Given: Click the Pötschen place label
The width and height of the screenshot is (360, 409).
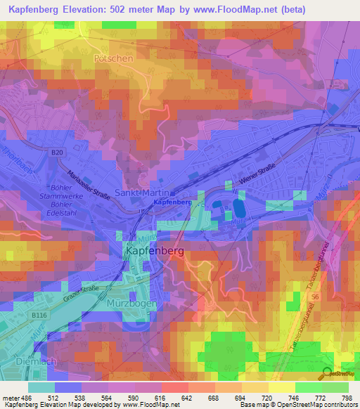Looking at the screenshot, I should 112,59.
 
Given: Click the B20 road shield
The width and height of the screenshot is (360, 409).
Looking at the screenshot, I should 57,152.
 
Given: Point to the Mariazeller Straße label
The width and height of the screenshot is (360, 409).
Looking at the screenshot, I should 86,186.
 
